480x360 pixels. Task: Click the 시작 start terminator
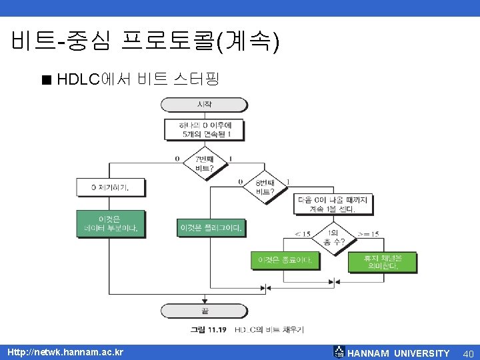tap(204, 105)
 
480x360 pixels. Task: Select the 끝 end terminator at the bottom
tap(204, 311)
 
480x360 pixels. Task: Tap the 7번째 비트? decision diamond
tap(204, 163)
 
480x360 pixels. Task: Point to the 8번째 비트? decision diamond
tap(265, 187)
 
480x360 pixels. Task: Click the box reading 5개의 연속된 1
tap(204, 130)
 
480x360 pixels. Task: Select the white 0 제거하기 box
tap(111, 187)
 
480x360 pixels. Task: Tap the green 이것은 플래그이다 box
tap(211, 228)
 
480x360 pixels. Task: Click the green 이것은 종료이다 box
tap(285, 261)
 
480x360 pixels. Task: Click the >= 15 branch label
tap(368, 233)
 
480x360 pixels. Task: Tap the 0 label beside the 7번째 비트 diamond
tap(177, 159)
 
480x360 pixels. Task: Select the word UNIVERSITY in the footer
tap(421, 353)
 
